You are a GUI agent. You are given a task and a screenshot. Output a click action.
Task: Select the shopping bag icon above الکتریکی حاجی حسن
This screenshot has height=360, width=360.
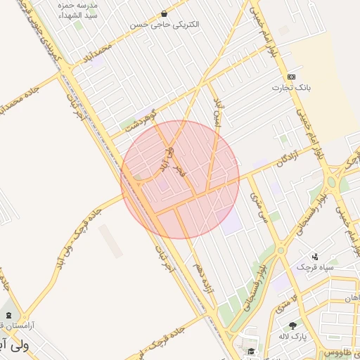point(165,13)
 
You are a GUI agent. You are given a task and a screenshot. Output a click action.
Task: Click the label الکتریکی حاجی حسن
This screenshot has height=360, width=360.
point(165,24)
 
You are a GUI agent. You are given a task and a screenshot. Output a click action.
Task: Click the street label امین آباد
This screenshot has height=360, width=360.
point(219,111)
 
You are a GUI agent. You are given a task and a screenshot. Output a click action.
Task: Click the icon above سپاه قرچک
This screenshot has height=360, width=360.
point(315,257)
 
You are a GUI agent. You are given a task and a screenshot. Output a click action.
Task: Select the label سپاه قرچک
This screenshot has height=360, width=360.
point(314,267)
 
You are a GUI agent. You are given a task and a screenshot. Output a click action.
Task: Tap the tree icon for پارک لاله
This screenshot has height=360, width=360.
point(292,326)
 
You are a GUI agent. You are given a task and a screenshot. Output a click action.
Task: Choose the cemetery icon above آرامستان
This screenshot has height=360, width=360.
point(8,314)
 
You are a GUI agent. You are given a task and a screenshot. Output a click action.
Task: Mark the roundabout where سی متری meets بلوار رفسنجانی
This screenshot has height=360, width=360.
point(281,249)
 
